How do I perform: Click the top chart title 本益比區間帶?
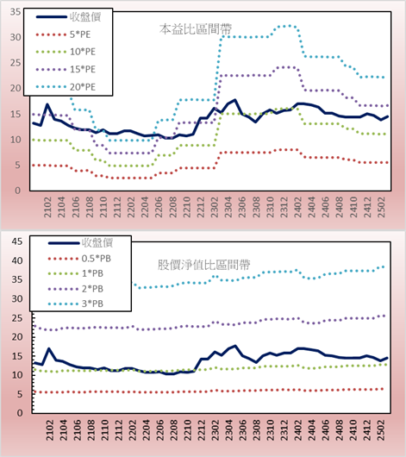[x=196, y=29]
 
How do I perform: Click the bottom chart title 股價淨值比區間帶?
[x=203, y=265]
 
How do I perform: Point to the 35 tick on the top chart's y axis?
[x=16, y=12]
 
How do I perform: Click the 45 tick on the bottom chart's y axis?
[x=17, y=241]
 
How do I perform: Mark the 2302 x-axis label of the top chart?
[x=215, y=207]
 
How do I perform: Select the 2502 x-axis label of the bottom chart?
[x=381, y=430]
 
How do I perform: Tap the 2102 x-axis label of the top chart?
[x=47, y=207]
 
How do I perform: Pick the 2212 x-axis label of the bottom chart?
[x=202, y=430]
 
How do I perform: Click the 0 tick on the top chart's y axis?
[x=18, y=191]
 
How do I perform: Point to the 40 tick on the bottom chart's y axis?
[x=17, y=260]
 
